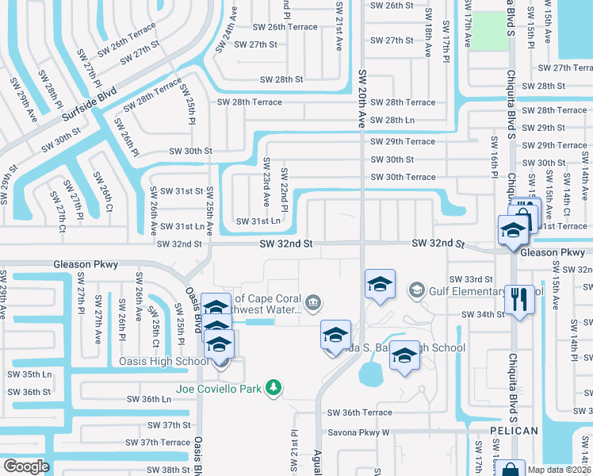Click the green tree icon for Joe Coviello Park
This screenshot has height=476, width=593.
pos(274,387)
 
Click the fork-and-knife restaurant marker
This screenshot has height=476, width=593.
pos(519,299)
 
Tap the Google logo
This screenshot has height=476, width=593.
pos(26,466)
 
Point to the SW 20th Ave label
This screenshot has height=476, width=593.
pos(362,98)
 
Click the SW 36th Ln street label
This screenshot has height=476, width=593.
pos(149,399)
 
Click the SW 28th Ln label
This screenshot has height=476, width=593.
pos(392,119)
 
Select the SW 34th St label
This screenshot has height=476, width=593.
pos(483,314)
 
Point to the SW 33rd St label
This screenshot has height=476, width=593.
pos(471,279)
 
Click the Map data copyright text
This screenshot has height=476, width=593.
pos(560,469)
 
